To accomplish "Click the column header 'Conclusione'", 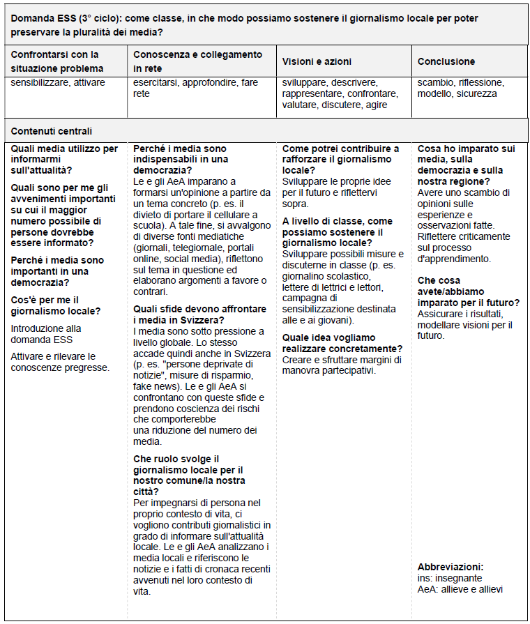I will click(x=446, y=61).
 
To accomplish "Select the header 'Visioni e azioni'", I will click(x=315, y=61).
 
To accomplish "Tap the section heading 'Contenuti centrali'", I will click(x=52, y=131).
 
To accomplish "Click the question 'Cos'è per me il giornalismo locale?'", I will click(x=56, y=305).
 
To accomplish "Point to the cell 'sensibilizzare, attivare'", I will click(x=58, y=83).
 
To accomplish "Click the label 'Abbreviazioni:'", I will click(x=450, y=567).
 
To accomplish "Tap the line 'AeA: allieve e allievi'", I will click(x=460, y=589).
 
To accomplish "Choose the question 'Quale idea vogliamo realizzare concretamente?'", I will click(x=342, y=343).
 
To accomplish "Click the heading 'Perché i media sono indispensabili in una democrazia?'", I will click(x=181, y=159).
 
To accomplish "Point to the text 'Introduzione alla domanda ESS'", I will click(x=46, y=333).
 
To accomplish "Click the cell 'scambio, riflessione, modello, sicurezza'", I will click(x=460, y=88).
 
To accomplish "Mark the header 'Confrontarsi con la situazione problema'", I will click(x=55, y=61).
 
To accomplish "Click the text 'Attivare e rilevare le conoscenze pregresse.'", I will click(x=60, y=361).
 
